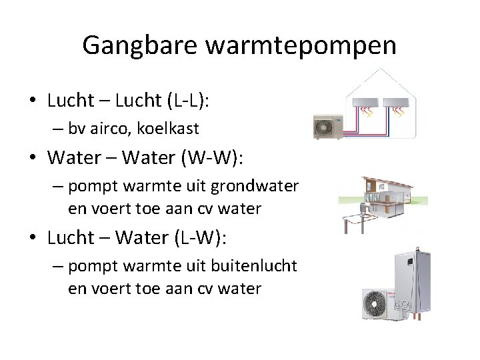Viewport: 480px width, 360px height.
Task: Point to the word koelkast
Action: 173,129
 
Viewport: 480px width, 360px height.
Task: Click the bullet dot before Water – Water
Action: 33,159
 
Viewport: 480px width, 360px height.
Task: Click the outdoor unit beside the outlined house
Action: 327,126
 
